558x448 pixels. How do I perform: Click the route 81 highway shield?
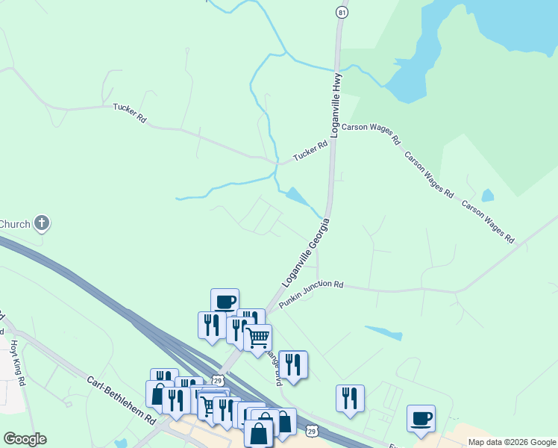click(x=342, y=13)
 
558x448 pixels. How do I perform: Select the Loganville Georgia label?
click(x=305, y=252)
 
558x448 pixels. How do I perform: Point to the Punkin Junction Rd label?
click(x=310, y=294)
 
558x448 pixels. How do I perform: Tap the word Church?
click(x=14, y=224)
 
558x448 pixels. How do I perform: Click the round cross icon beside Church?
click(x=43, y=223)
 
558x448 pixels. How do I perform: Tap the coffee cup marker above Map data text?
click(x=421, y=418)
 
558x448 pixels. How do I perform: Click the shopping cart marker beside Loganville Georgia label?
click(x=257, y=337)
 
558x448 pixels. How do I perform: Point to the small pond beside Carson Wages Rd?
click(x=487, y=196)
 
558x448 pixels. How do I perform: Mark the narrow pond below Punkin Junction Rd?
click(x=383, y=333)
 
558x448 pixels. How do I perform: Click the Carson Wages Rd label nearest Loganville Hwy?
click(x=372, y=133)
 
